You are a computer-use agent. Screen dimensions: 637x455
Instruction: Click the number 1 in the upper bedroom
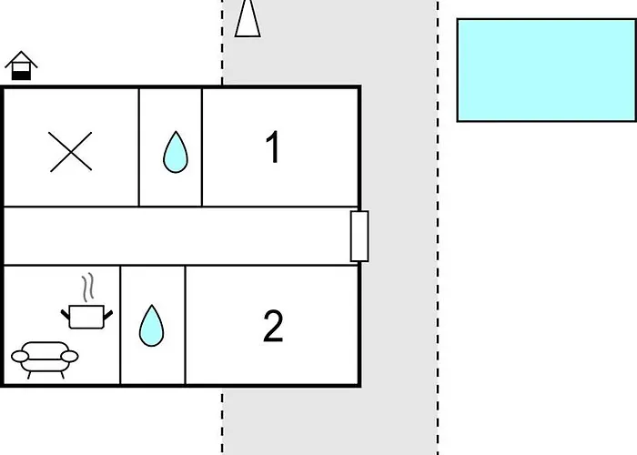273,147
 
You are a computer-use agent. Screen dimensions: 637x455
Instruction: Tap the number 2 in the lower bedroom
273,326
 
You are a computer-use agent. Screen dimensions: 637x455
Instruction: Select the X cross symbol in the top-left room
71,152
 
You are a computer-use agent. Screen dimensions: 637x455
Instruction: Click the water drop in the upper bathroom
176,152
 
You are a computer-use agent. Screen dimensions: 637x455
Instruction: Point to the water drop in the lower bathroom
152,326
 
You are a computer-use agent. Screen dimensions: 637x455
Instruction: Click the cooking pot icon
86,317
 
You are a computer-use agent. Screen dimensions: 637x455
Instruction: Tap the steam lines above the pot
88,288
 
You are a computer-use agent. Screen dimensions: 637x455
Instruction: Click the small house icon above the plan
21,66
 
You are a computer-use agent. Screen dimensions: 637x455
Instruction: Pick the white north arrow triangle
248,19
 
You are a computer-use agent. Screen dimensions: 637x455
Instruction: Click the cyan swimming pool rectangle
546,70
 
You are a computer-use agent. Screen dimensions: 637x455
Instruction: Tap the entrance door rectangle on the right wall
359,236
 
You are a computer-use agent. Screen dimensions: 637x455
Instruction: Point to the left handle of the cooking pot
65,315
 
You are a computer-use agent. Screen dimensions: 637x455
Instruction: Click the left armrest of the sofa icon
20,357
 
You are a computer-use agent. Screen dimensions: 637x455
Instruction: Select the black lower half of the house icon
21,76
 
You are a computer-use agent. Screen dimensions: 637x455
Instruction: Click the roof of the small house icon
21,57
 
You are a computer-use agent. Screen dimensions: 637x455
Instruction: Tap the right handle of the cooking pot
108,315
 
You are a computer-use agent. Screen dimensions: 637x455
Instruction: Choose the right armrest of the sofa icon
69,357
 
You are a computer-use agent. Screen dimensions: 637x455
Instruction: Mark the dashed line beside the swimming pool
438,227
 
